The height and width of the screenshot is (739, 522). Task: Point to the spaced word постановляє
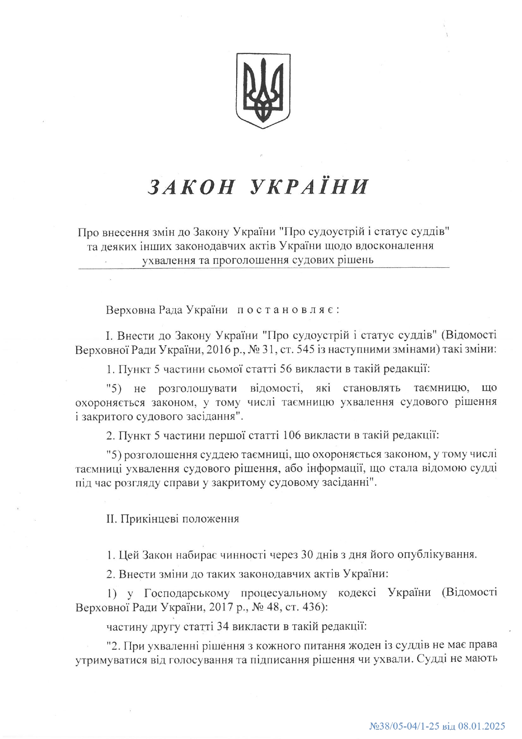coord(286,310)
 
